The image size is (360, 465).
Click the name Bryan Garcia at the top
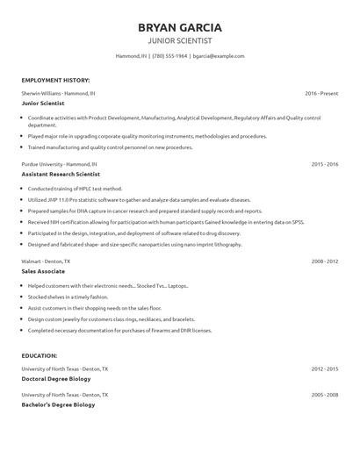[179, 26]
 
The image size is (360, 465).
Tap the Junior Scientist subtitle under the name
[179, 40]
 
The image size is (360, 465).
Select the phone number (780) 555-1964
[169, 55]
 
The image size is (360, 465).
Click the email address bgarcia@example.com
[218, 55]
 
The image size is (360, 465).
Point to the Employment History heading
[55, 79]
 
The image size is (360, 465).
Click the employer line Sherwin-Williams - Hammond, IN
[59, 92]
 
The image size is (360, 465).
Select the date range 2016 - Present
[321, 92]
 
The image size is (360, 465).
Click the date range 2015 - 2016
[325, 164]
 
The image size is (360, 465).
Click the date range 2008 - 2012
[325, 261]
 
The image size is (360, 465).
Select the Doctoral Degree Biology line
[58, 378]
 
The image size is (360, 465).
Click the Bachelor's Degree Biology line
[58, 404]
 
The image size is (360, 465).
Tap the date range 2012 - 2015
[325, 368]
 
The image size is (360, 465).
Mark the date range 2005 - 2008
[325, 395]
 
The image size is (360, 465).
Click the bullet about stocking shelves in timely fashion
[73, 297]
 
